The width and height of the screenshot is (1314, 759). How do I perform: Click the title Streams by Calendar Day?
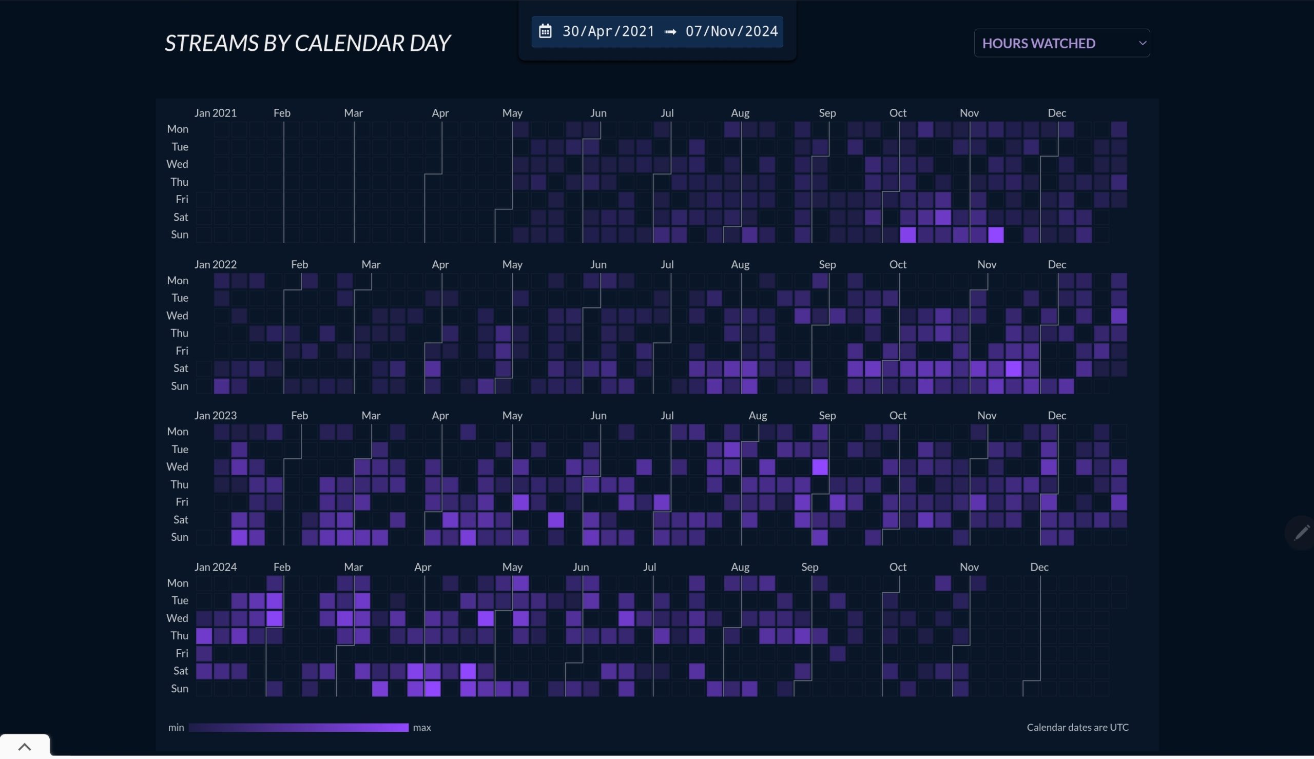pyautogui.click(x=307, y=43)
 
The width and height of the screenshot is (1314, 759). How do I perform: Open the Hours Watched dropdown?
pyautogui.click(x=1062, y=43)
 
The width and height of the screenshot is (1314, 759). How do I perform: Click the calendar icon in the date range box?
pyautogui.click(x=545, y=31)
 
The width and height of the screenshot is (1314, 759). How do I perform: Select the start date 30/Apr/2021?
pyautogui.click(x=608, y=31)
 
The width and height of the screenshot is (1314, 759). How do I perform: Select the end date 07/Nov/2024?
pyautogui.click(x=732, y=31)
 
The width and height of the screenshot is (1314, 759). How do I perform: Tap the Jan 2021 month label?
pyautogui.click(x=215, y=112)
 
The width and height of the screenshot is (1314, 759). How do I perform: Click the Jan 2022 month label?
pyautogui.click(x=215, y=264)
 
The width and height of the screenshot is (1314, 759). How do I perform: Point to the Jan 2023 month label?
pyautogui.click(x=215, y=416)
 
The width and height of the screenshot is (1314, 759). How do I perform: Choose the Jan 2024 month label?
pyautogui.click(x=215, y=567)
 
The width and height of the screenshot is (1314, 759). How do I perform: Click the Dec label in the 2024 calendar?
pyautogui.click(x=1039, y=567)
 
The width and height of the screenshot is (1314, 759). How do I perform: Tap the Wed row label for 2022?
pyautogui.click(x=177, y=316)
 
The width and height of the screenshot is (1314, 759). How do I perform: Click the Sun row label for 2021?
pyautogui.click(x=179, y=235)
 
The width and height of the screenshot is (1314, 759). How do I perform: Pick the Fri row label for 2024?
pyautogui.click(x=181, y=653)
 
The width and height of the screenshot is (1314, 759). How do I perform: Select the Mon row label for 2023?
pyautogui.click(x=177, y=432)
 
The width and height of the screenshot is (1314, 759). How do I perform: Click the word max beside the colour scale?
pyautogui.click(x=422, y=727)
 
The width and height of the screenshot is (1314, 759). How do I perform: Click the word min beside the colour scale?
pyautogui.click(x=176, y=727)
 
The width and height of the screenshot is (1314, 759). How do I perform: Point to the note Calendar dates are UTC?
pyautogui.click(x=1077, y=727)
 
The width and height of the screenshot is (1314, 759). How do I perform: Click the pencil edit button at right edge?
pyautogui.click(x=1302, y=532)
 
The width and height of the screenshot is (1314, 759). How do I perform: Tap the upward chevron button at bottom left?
pyautogui.click(x=25, y=747)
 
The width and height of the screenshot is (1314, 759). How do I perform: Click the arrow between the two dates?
pyautogui.click(x=670, y=32)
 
